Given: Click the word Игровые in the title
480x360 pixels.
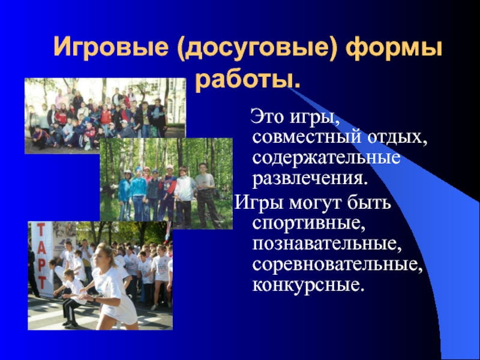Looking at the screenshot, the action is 111,47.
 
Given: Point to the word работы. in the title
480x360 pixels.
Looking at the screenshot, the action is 248,80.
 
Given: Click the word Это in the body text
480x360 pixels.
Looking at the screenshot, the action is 266,117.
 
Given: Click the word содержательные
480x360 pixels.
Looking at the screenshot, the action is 326,158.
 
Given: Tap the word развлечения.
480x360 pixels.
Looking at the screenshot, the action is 310,179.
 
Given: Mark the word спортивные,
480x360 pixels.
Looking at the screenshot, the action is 309,223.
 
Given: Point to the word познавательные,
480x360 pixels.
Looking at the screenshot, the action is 326,244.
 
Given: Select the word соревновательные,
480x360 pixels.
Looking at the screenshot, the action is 337,265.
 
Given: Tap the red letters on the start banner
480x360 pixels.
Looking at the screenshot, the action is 41,256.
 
